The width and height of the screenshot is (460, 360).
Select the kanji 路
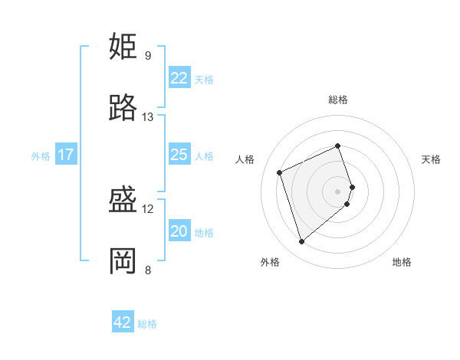[x=123, y=108]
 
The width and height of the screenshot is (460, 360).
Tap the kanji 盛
[x=123, y=201]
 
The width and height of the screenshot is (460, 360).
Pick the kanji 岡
[x=123, y=261]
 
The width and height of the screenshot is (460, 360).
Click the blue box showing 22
[x=179, y=78]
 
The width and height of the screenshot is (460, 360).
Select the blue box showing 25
[x=179, y=155]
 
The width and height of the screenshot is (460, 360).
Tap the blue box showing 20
[x=179, y=231]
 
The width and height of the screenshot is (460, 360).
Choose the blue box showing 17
[x=66, y=155]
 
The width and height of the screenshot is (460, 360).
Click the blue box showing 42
[x=123, y=322]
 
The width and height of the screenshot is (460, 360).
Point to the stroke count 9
[x=148, y=56]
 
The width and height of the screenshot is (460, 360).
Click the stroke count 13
[x=148, y=117]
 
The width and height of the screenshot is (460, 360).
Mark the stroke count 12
[x=148, y=209]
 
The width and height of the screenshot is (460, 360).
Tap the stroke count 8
[x=148, y=270]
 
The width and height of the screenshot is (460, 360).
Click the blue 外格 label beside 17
[x=41, y=155]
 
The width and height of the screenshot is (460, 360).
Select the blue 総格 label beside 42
[x=147, y=324]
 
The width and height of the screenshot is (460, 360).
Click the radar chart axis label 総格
[x=338, y=100]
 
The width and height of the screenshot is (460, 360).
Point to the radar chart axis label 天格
[x=432, y=159]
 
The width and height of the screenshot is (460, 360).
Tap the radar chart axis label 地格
[x=402, y=262]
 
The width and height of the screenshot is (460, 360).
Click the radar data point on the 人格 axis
[x=281, y=172]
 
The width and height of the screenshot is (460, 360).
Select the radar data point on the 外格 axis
[x=301, y=242]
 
